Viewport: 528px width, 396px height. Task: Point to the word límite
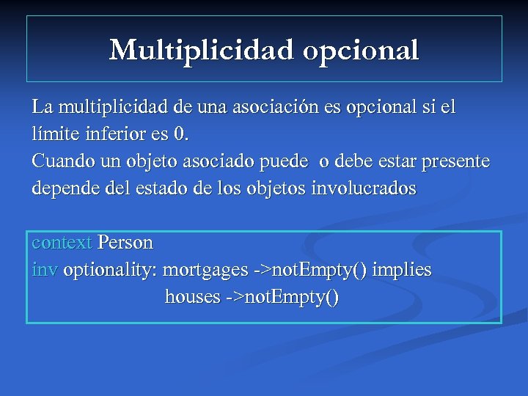[x=52, y=134]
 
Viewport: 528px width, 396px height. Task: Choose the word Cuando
[x=60, y=161]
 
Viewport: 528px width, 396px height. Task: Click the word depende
[x=64, y=188]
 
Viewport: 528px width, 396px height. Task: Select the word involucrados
[x=364, y=188]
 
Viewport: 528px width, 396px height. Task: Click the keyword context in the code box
[x=62, y=242]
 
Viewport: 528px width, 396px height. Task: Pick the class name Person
[x=125, y=242]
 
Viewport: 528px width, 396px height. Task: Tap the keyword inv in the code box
[x=44, y=270]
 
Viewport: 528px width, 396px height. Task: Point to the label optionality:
[x=110, y=270]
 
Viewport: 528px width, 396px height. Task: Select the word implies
[x=402, y=270]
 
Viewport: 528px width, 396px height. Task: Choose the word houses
[x=192, y=297]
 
